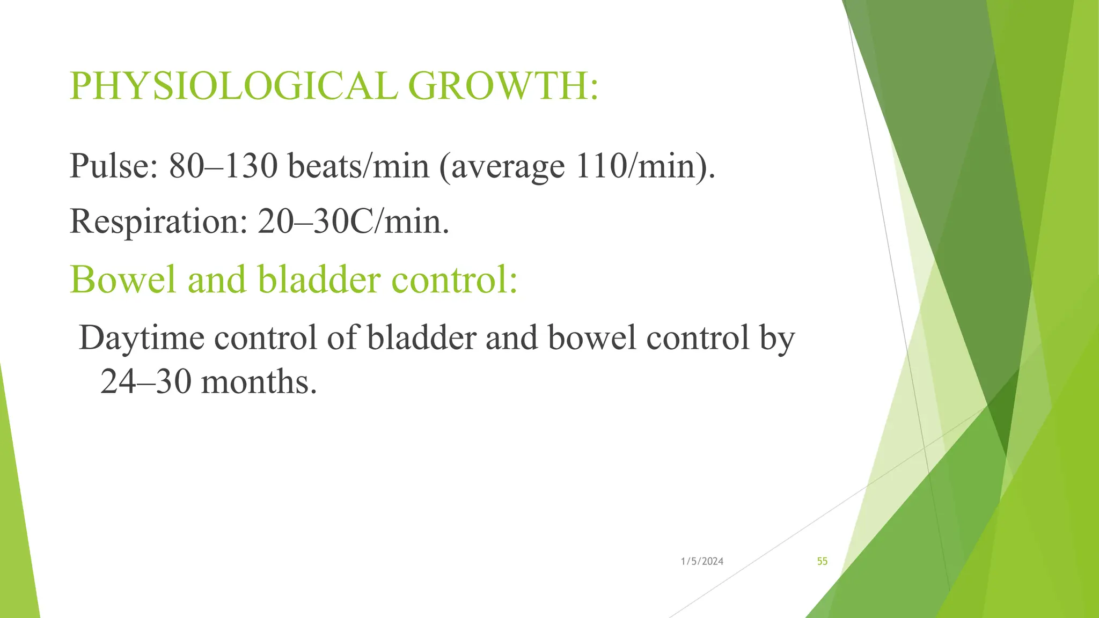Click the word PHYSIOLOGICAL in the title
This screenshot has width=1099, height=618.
[233, 86]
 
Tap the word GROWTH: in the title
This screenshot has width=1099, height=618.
[503, 86]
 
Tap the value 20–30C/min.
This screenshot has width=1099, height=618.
[353, 222]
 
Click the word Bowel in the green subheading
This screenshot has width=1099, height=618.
[123, 279]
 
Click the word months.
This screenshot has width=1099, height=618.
[259, 382]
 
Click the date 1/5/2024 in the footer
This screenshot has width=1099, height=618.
[702, 562]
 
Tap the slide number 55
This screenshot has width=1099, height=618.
[822, 562]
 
